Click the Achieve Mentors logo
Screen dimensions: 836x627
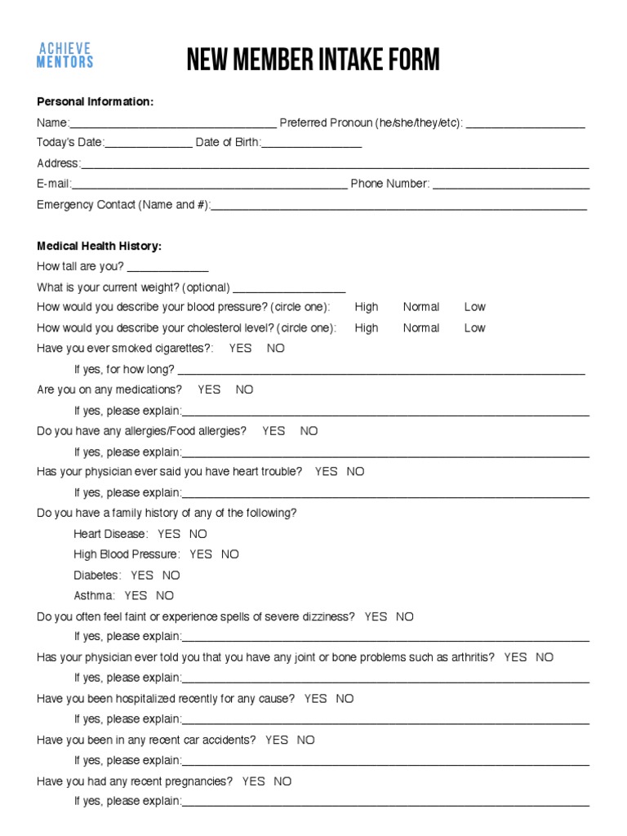pos(65,56)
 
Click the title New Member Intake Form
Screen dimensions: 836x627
pos(313,60)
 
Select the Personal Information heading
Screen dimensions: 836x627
pos(95,101)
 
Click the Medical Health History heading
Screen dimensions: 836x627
pos(99,246)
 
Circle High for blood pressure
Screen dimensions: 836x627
pos(367,307)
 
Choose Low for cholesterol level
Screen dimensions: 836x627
pos(474,328)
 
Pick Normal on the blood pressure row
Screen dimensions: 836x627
pos(421,307)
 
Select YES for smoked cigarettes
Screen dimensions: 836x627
pos(241,348)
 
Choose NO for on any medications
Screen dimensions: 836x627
pos(245,389)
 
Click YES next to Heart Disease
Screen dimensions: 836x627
pos(169,534)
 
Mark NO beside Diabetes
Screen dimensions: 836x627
pos(171,575)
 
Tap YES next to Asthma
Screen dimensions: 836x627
pos(136,596)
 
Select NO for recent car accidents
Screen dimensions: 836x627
pos(305,740)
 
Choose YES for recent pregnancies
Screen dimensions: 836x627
pos(254,781)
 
